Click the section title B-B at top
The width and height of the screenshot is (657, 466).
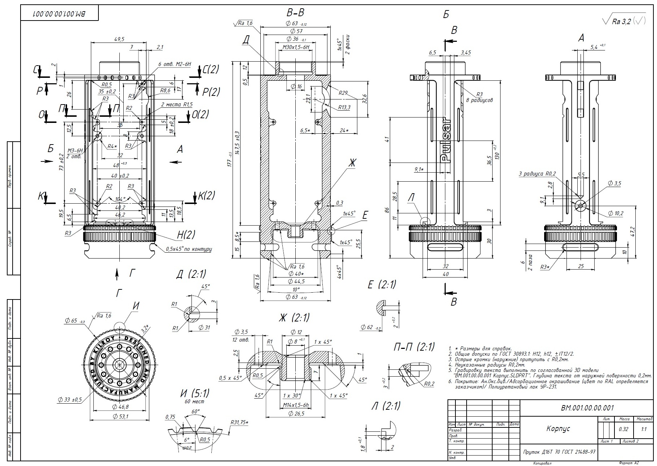click(x=295, y=13)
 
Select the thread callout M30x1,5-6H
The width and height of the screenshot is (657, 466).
click(x=296, y=47)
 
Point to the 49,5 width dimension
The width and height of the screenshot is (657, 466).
click(x=119, y=39)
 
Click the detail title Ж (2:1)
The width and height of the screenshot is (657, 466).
click(x=294, y=318)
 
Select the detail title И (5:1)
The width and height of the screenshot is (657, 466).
click(x=194, y=393)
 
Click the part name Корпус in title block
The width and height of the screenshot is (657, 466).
click(x=558, y=429)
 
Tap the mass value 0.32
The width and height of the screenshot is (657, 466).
click(x=623, y=429)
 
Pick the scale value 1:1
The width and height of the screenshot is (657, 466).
click(x=644, y=429)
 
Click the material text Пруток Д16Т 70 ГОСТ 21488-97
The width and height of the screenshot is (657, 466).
click(x=559, y=452)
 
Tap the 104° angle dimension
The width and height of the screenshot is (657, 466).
click(x=120, y=199)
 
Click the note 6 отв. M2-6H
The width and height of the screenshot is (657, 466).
click(x=175, y=64)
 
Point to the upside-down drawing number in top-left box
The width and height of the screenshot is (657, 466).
click(x=59, y=13)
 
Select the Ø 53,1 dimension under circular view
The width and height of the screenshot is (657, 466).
click(x=120, y=416)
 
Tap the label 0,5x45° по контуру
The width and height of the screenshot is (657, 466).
click(x=189, y=249)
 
